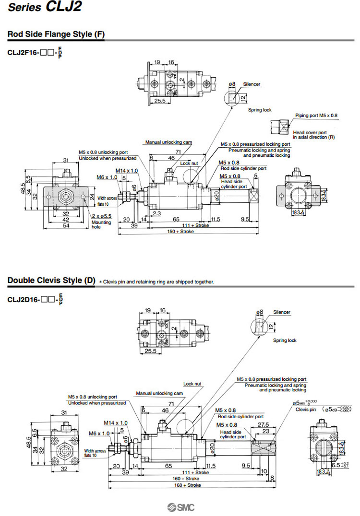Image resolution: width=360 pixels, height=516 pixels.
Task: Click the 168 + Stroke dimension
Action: pyautogui.click(x=186, y=485)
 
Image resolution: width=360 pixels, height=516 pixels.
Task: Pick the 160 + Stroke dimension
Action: pyautogui.click(x=186, y=479)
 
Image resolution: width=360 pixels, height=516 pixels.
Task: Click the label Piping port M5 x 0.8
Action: pyautogui.click(x=316, y=116)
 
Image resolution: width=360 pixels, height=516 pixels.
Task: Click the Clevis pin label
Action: pyautogui.click(x=305, y=410)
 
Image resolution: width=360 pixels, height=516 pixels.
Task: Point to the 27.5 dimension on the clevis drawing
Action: pyautogui.click(x=263, y=425)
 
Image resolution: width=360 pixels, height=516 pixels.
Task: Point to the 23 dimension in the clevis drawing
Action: pyautogui.click(x=264, y=432)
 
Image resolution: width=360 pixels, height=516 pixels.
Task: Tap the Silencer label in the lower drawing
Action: pyautogui.click(x=282, y=312)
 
